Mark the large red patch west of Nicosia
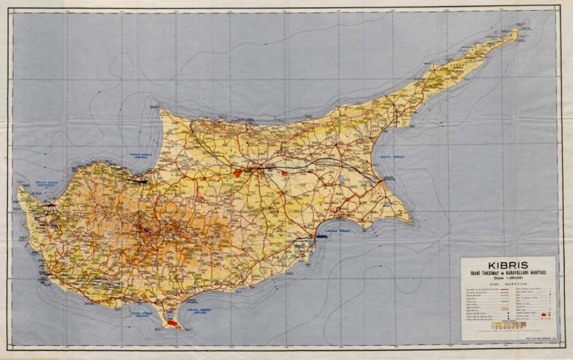239,173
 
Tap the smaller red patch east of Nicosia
284,173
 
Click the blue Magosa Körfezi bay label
392,158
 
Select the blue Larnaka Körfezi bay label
339,229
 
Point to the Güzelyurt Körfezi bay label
138,155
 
